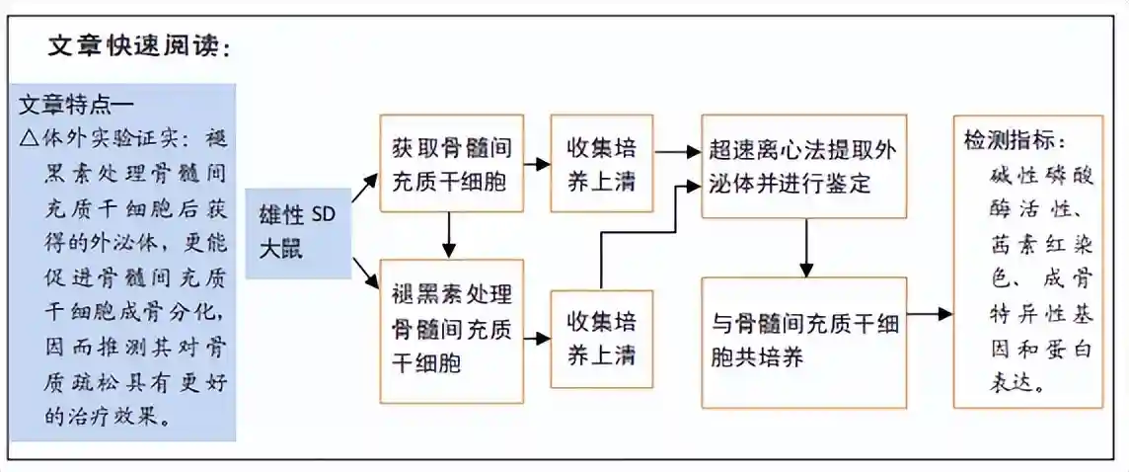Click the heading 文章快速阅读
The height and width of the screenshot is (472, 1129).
click(138, 47)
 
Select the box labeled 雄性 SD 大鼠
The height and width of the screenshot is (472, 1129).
click(297, 233)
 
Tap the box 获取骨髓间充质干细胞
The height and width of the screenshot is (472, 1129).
click(451, 164)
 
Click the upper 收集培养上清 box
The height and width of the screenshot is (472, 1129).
click(601, 164)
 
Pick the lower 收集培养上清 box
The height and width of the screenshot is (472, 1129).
click(601, 338)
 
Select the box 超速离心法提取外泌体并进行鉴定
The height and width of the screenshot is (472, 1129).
click(803, 166)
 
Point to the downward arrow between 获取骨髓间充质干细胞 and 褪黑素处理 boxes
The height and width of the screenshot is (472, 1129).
click(451, 236)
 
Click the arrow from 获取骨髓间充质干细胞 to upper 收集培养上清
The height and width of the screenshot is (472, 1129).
click(537, 164)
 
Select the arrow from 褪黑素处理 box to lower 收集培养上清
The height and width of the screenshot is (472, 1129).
click(537, 339)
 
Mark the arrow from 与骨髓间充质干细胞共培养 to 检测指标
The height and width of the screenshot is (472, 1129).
click(930, 314)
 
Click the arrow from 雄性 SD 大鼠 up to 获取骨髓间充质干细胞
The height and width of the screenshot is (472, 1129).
click(365, 188)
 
